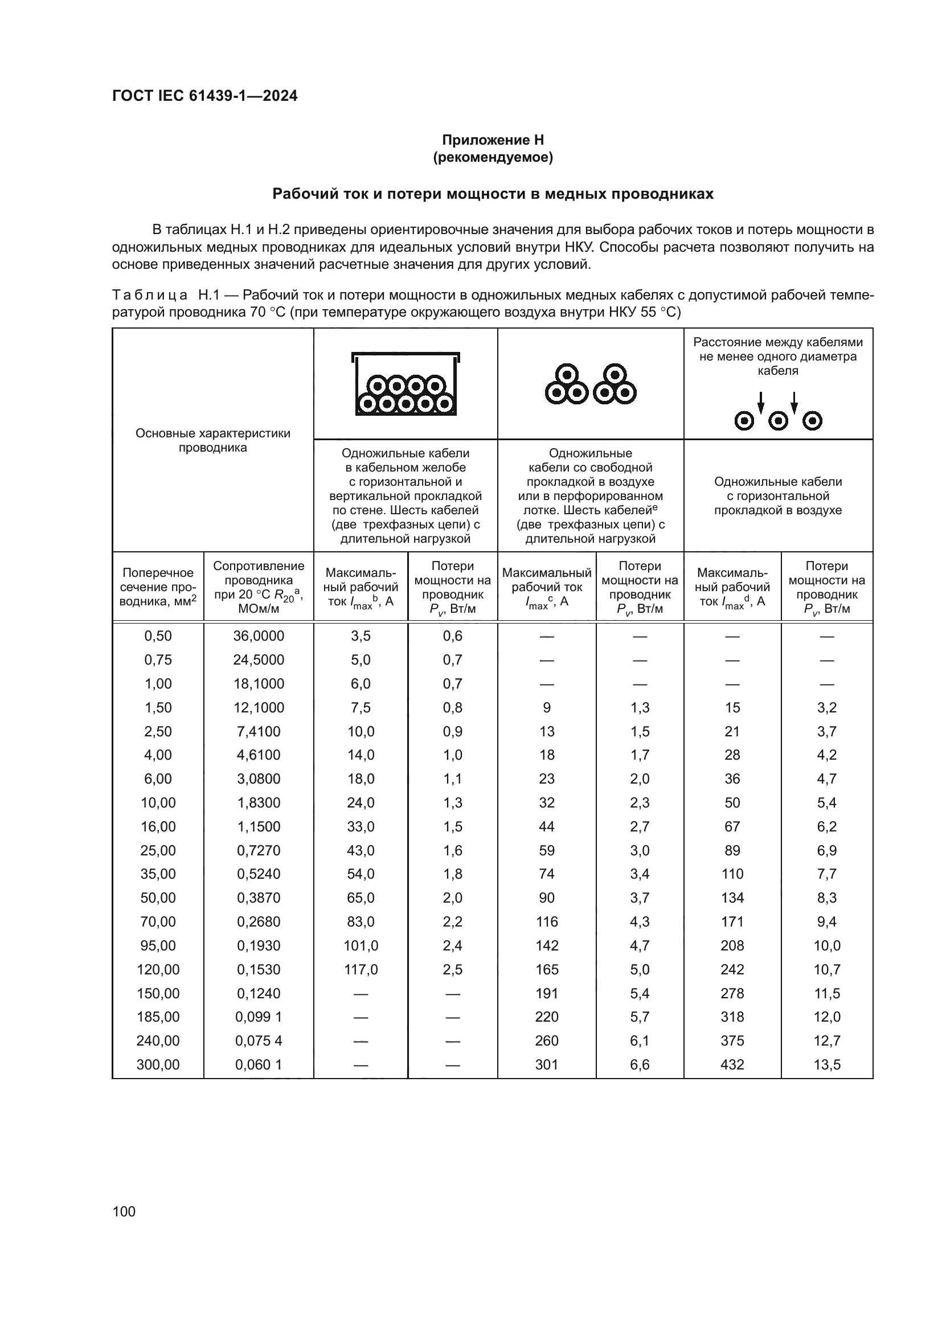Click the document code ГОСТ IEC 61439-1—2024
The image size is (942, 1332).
click(205, 96)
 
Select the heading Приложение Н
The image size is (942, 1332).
click(493, 140)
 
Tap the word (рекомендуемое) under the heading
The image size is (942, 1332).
click(493, 157)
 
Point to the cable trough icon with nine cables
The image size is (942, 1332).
click(406, 384)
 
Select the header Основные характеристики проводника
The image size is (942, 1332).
click(213, 440)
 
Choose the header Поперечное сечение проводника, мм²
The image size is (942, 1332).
click(158, 587)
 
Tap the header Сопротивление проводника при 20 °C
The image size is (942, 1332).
click(259, 587)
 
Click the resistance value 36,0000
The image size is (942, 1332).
click(259, 636)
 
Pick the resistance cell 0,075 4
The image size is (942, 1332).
click(259, 1041)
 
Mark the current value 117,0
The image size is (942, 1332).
click(361, 969)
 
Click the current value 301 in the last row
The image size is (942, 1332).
click(546, 1064)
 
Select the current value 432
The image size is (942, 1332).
click(732, 1064)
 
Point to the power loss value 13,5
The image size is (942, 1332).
click(826, 1064)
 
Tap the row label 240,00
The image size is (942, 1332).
click(158, 1041)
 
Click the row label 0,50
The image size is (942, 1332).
click(158, 636)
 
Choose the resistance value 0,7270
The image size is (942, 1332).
click(259, 850)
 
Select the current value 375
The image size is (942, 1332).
click(732, 1041)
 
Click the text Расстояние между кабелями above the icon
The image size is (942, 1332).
click(778, 342)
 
